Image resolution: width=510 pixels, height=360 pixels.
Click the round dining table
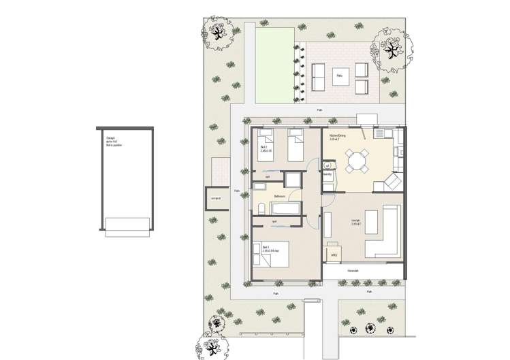357,163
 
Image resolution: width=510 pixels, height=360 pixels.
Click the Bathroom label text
279,195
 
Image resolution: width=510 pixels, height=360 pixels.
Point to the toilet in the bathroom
261,208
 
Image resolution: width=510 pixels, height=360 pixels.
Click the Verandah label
353,270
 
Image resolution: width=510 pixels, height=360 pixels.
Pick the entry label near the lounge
335,256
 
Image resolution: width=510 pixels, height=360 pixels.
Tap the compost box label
216,199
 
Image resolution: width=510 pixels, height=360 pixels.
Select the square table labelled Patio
338,76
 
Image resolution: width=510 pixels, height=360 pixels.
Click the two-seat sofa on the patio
319,77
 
